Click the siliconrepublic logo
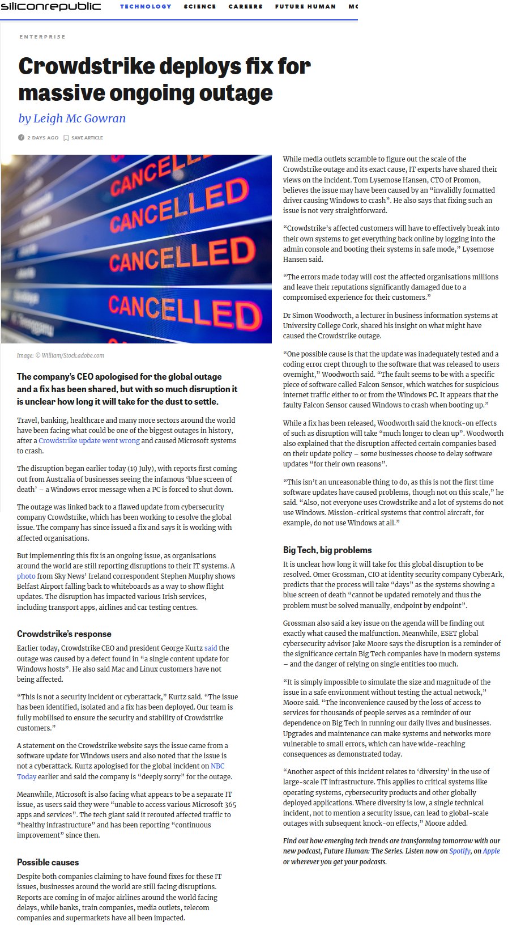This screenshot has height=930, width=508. pos(50,6)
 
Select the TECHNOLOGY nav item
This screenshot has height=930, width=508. pos(146,7)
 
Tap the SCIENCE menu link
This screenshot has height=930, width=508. pos(200,7)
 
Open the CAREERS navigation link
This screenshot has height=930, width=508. pos(245,7)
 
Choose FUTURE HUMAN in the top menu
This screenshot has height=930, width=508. pos(305,7)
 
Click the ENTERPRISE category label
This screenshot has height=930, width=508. pos(42,37)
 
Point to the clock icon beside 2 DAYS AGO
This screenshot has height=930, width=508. pos(22,138)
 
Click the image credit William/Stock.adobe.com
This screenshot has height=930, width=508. pos(72,355)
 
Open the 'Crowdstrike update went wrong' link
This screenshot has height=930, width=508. pos(89,441)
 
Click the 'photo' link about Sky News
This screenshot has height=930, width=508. pos(26,576)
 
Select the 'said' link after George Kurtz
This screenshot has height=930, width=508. pos(211,648)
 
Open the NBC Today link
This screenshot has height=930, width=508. pos(217,766)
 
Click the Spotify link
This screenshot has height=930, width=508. pos(460,851)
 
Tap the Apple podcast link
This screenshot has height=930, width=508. pos(491,851)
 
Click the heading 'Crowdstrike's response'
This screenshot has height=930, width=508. pos(64,634)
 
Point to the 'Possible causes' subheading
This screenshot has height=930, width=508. pos(48,863)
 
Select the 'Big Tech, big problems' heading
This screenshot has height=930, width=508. pos(327,550)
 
